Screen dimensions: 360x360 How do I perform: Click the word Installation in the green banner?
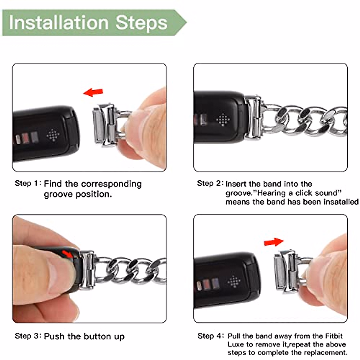pyautogui.click(x=59, y=22)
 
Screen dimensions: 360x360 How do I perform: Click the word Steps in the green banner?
pyautogui.click(x=141, y=24)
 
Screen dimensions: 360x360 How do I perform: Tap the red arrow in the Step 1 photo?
pyautogui.click(x=93, y=92)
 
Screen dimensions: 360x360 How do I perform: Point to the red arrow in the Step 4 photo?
pyautogui.click(x=274, y=242)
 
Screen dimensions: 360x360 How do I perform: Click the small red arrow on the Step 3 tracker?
pyautogui.click(x=67, y=254)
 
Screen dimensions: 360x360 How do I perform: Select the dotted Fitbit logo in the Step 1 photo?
pyautogui.click(x=53, y=135)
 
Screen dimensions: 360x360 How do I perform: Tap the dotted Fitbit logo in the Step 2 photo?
pyautogui.click(x=223, y=119)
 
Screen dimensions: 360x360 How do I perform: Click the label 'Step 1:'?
pyautogui.click(x=28, y=183)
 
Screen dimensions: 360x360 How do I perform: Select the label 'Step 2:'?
pyautogui.click(x=210, y=183)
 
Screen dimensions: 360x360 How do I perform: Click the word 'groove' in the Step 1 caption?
pyautogui.click(x=58, y=194)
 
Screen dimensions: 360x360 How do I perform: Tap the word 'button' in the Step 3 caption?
pyautogui.click(x=98, y=336)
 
